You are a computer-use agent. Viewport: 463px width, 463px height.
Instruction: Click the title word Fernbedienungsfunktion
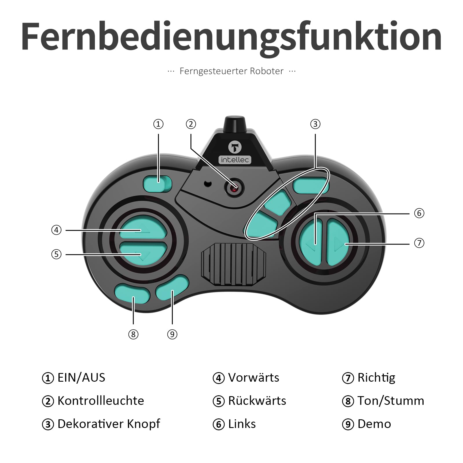click(x=231, y=37)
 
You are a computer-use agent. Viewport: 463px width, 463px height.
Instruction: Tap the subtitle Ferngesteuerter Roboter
click(x=231, y=71)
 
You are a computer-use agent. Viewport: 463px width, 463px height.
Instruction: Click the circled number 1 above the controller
click(x=158, y=124)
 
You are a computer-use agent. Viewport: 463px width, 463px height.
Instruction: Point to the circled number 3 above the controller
click(x=315, y=124)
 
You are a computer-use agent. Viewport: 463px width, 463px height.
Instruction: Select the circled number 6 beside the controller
click(x=419, y=213)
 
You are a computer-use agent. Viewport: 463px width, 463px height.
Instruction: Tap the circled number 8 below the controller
click(x=133, y=334)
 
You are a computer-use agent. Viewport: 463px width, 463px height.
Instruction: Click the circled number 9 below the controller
click(x=172, y=334)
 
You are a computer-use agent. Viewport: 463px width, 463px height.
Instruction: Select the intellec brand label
click(x=235, y=160)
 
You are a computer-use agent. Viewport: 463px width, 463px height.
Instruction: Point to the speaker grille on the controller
click(x=234, y=264)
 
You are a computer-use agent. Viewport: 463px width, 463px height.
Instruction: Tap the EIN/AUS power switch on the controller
click(x=157, y=184)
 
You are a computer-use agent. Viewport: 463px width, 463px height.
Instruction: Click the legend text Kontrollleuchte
click(x=101, y=401)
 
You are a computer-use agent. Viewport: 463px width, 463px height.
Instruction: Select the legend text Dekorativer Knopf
click(x=109, y=424)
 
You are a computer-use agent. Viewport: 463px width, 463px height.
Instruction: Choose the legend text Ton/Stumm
click(x=391, y=401)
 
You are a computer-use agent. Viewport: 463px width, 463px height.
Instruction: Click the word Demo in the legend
click(x=374, y=424)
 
